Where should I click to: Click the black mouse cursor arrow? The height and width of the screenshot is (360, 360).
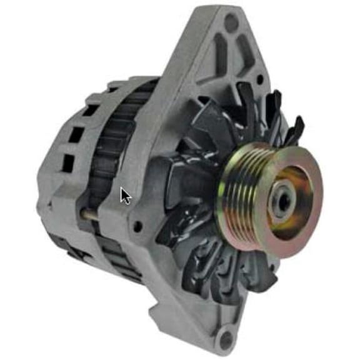coord(125,195)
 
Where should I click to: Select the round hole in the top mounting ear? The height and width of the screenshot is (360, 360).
coord(231,23)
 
